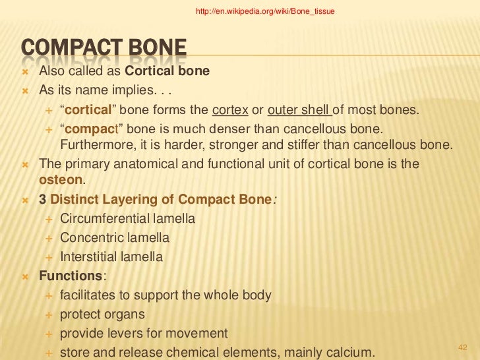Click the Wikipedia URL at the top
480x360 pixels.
266,11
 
